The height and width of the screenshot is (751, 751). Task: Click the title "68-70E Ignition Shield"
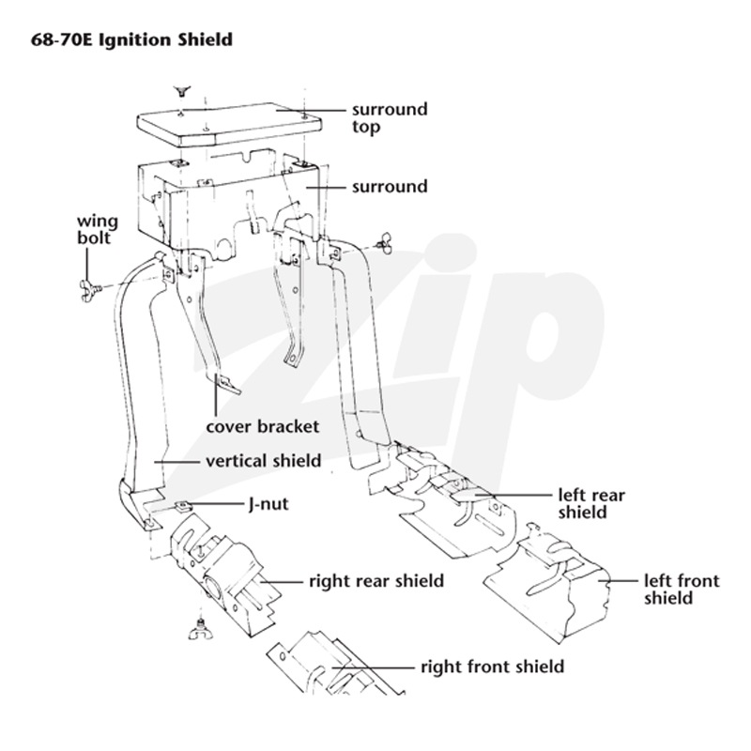coord(131,39)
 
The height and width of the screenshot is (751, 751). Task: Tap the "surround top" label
coord(390,118)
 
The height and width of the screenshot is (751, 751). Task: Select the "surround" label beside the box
coord(390,186)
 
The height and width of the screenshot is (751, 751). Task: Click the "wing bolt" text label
coord(98,229)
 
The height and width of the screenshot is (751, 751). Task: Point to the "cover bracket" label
coord(263,426)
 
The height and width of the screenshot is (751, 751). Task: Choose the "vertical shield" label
coord(264,461)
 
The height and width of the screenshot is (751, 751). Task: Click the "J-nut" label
coord(268,504)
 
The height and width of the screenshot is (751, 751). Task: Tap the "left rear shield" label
coord(591,503)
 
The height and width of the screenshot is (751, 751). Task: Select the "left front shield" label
coord(682,590)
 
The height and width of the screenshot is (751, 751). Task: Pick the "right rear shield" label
coord(376,581)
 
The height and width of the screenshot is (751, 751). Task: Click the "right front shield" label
coord(492,667)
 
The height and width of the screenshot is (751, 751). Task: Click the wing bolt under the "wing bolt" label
coord(90,289)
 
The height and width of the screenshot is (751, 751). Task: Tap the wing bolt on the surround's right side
coord(384,242)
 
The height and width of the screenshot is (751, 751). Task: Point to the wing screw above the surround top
coord(181,91)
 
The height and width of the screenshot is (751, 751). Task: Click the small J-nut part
coord(183,505)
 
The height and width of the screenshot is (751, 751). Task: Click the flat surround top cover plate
coord(229,123)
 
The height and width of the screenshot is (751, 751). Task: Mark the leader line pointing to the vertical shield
coord(176,462)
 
